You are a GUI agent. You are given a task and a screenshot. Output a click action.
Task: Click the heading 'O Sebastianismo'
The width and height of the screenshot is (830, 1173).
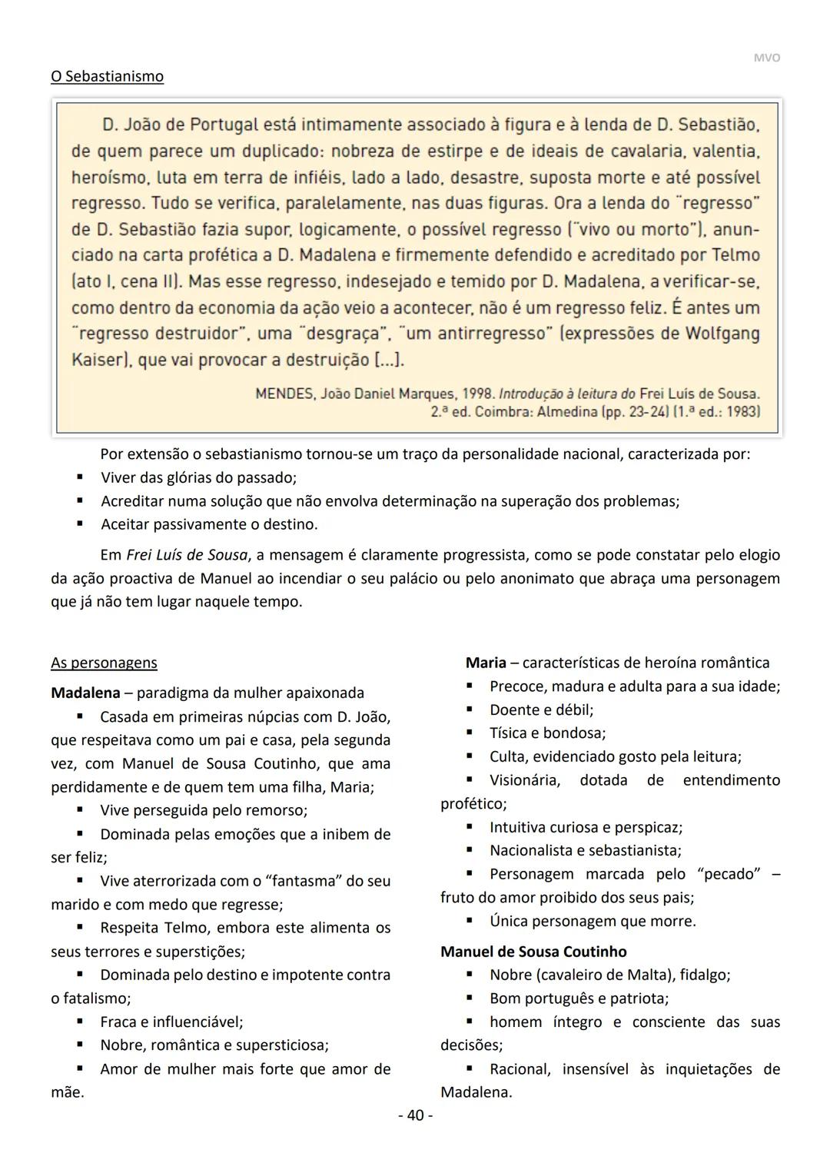point(107,76)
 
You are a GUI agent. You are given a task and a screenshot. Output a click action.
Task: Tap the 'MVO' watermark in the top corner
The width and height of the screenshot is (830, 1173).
point(766,58)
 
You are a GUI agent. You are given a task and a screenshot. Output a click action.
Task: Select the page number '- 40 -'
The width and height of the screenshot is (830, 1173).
point(415,1115)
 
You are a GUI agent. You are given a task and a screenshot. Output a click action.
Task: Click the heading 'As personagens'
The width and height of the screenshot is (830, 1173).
point(104,663)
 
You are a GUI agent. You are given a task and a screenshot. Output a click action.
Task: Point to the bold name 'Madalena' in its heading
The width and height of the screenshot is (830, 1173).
point(85,693)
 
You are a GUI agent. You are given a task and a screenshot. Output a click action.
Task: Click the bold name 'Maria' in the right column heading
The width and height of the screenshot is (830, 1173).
point(486,663)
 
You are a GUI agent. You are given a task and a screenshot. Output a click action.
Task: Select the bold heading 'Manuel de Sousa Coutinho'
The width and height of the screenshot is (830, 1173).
point(533,952)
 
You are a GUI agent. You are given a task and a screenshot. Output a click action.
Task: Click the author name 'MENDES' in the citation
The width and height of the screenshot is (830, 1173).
point(284,394)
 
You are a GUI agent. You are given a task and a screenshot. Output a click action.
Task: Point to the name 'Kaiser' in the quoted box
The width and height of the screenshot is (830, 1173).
point(98,360)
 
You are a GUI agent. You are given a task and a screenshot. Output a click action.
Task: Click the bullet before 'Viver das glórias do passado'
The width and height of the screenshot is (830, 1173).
point(80,477)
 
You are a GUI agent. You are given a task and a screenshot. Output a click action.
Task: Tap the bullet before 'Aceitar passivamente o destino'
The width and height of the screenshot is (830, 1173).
point(80,524)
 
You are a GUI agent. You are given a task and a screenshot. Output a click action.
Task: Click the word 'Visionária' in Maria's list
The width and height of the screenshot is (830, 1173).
point(525,780)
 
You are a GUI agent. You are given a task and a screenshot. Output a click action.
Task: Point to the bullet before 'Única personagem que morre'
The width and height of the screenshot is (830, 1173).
point(469,921)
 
